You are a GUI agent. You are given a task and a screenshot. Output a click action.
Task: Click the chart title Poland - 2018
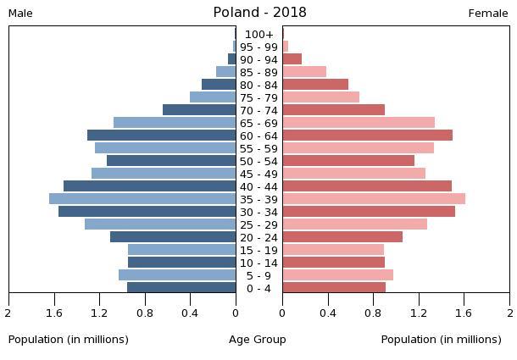coord(259,13)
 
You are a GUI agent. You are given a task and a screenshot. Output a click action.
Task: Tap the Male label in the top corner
coord(20,14)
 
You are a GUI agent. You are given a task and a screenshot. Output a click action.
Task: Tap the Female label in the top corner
coord(488,14)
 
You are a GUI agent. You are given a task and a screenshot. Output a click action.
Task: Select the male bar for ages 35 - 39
coord(142,199)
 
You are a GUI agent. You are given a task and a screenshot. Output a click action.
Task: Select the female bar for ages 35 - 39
coord(374,199)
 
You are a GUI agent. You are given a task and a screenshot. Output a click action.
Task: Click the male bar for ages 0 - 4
coord(181,288)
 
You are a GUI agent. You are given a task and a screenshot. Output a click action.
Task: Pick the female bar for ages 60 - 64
coord(367,136)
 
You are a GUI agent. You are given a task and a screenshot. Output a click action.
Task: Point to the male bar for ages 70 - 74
coord(199,110)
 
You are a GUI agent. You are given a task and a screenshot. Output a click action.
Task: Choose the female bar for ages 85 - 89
coord(304,72)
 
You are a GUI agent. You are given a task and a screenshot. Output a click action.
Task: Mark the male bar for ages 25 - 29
coord(160,224)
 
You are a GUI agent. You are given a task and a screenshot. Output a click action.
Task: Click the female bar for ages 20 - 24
coord(342,237)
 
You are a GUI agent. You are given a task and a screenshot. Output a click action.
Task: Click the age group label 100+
coord(259,35)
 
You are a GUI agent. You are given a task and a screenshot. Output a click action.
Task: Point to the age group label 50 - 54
coord(259,161)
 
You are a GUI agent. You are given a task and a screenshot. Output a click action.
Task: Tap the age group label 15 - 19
coord(259,250)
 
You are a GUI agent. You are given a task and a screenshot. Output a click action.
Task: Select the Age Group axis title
coord(258,340)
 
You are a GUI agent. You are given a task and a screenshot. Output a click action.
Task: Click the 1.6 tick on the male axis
coord(55,313)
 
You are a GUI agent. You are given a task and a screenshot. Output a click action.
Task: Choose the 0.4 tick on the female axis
coord(328,313)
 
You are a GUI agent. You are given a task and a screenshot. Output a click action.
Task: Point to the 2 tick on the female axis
coord(509,313)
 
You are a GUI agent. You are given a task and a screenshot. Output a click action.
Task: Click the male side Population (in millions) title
coord(69,340)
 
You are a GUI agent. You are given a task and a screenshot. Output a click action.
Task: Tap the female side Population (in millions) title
coord(442,340)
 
